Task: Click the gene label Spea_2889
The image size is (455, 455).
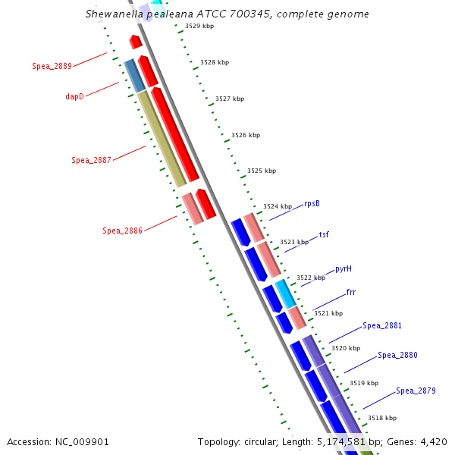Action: pos(52,66)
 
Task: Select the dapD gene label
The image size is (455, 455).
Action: pos(75,96)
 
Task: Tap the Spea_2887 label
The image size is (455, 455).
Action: pos(91,160)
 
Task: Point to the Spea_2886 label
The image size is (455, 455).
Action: pos(122,231)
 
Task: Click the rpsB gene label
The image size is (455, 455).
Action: pos(312,203)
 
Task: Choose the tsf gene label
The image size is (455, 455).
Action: pos(324,235)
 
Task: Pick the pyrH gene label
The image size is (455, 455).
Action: pos(344,269)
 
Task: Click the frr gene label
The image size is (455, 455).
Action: pos(351,292)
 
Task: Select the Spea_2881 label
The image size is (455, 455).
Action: pos(382,325)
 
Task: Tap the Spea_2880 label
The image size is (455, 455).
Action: pos(397,355)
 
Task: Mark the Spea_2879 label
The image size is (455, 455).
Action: pos(416,391)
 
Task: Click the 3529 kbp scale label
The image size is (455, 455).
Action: pos(199,27)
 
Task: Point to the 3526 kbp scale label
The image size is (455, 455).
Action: pos(245,135)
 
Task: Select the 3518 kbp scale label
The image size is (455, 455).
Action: pos(381,418)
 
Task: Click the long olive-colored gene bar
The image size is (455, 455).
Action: pos(162,138)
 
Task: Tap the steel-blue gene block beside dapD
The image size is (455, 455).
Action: pos(133,75)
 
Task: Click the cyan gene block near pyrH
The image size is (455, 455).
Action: pos(284,292)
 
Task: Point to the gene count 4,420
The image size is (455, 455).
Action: pos(432,441)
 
